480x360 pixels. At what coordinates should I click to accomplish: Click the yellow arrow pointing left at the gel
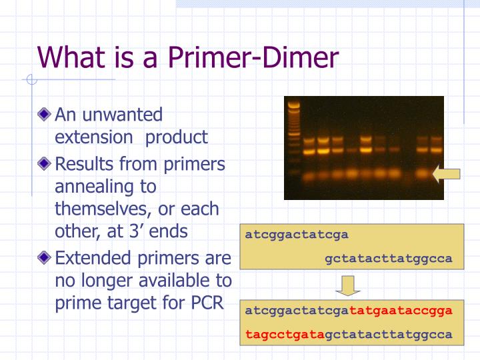coord(445,175)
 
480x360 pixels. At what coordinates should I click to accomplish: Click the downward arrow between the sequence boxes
coord(347,285)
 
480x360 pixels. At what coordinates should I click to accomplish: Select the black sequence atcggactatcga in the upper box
coord(297,235)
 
